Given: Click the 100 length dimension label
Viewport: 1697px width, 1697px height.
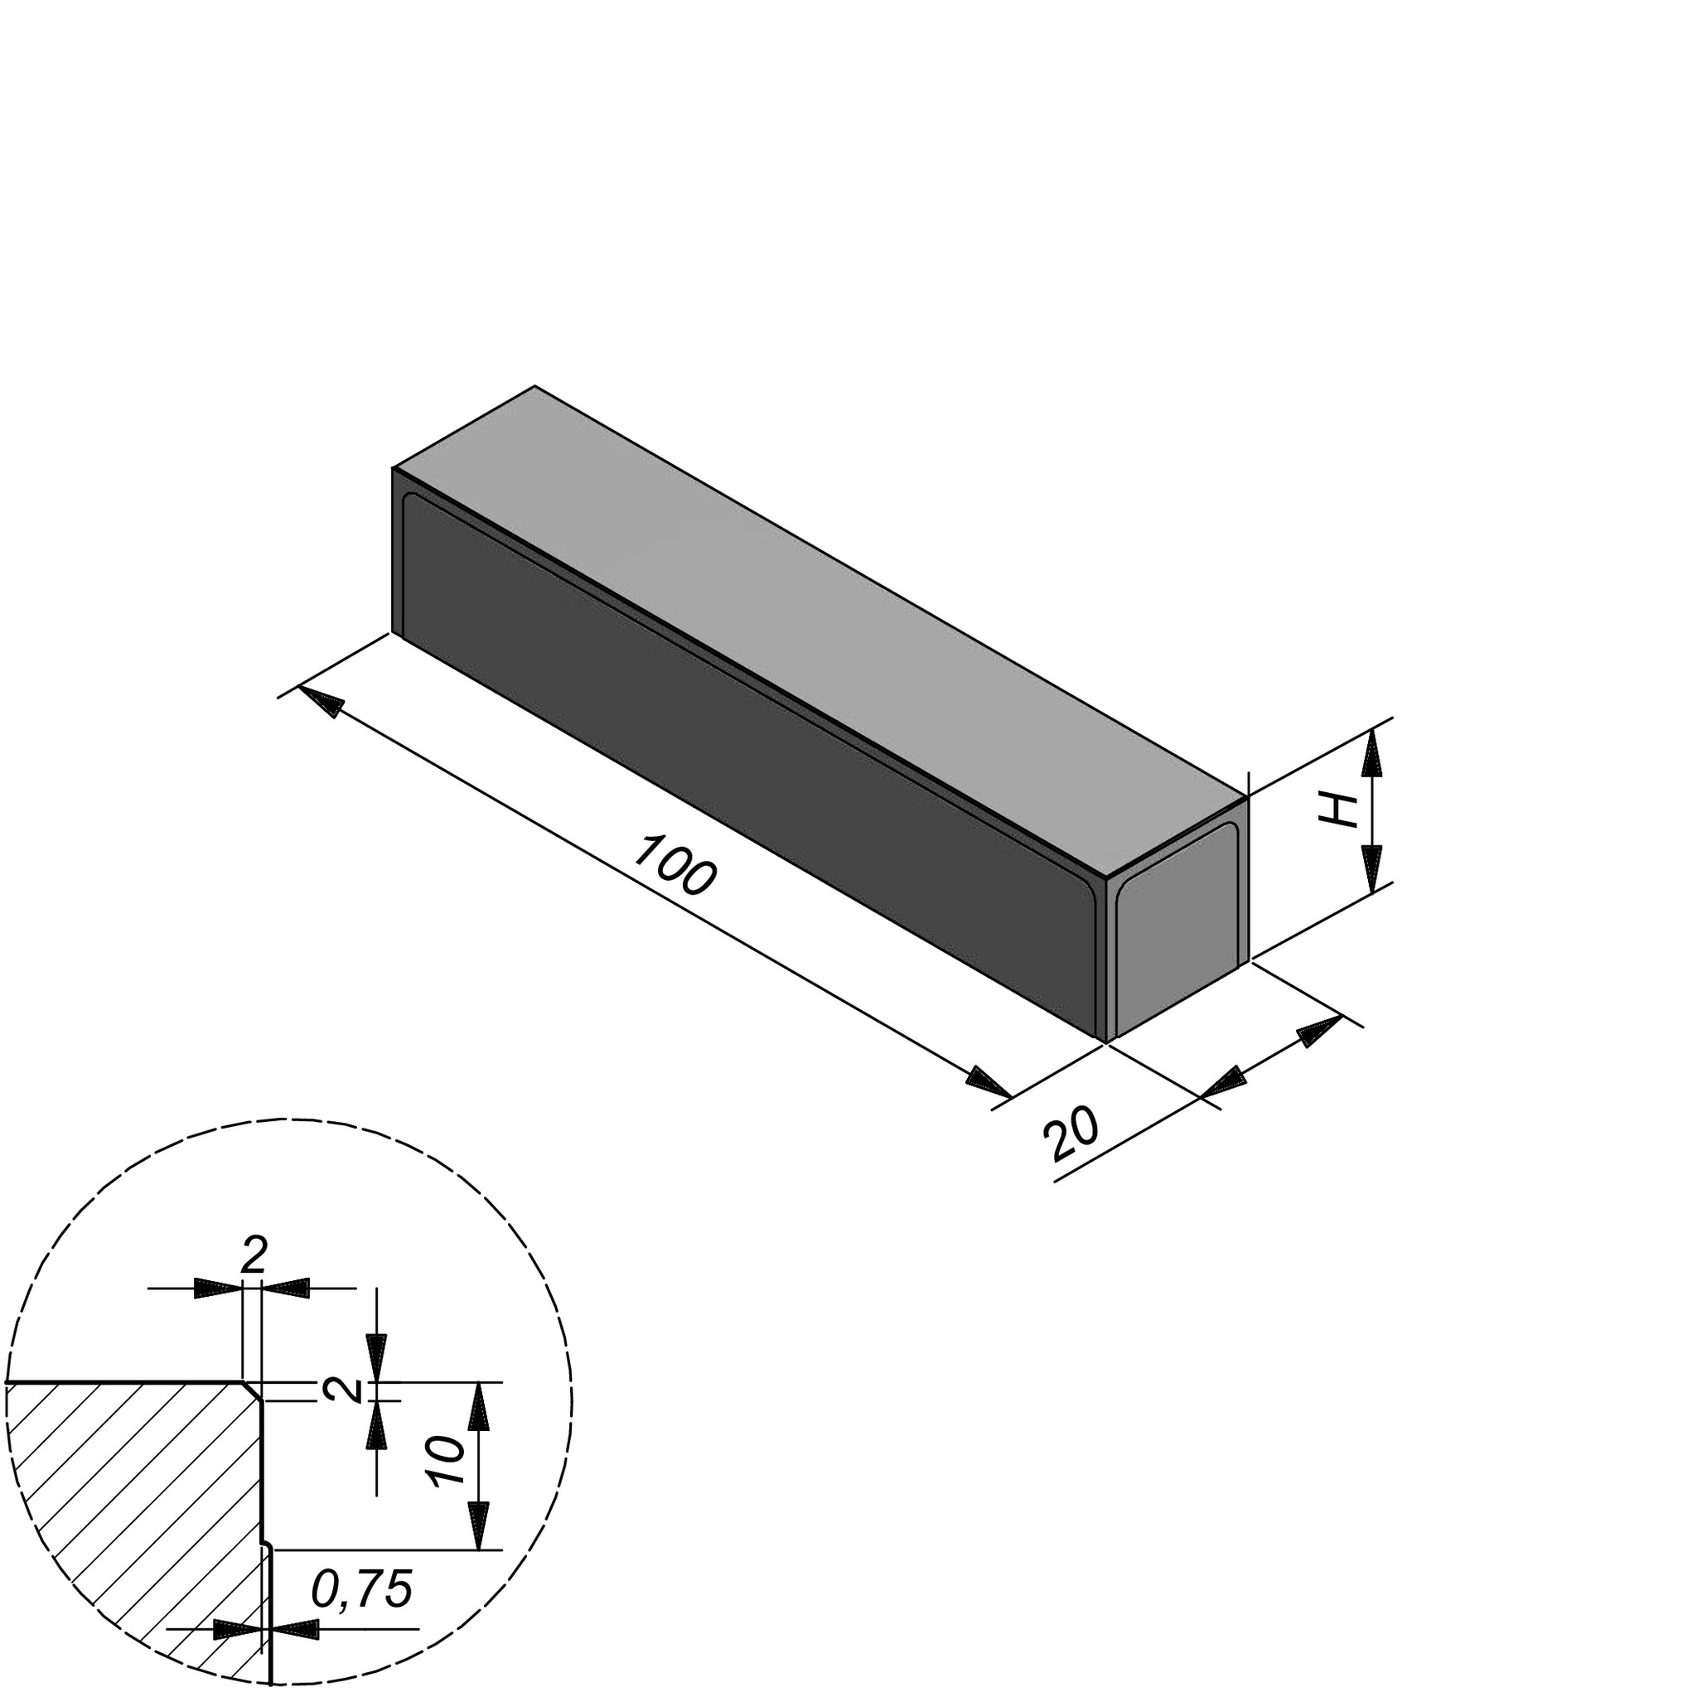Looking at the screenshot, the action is [x=674, y=867].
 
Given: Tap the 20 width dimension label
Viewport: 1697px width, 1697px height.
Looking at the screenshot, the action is [x=1071, y=1136].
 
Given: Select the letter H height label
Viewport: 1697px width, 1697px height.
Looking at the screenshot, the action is [x=1341, y=810].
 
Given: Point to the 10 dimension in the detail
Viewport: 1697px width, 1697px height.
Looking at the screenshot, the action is [x=448, y=1462].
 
